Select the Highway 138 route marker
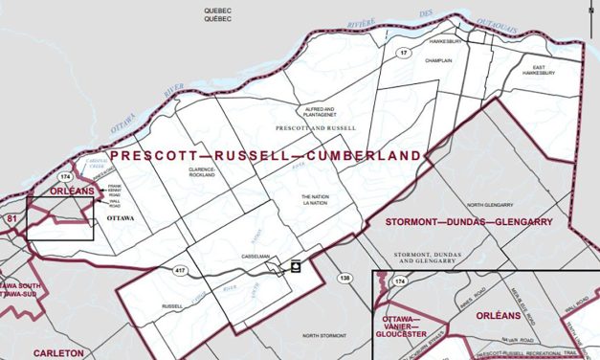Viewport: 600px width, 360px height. click(344, 278)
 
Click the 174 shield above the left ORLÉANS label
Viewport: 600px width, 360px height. click(65, 177)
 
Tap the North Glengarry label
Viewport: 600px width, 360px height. click(494, 206)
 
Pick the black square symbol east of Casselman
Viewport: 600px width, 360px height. click(296, 267)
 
